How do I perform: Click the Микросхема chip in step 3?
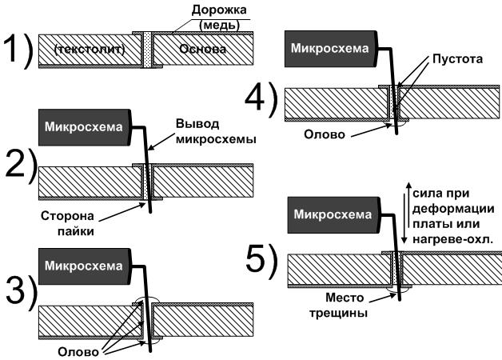point(84,265)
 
